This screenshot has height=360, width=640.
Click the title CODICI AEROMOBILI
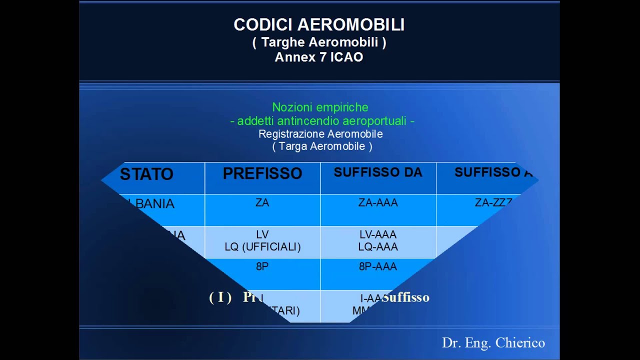pyautogui.click(x=319, y=25)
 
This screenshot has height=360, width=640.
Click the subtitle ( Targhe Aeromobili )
pyautogui.click(x=319, y=42)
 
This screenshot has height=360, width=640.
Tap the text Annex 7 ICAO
pyautogui.click(x=319, y=57)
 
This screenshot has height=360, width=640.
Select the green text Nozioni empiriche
pyautogui.click(x=320, y=107)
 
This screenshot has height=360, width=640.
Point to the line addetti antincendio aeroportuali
pyautogui.click(x=322, y=121)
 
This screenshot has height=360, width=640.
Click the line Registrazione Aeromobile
pyautogui.click(x=320, y=134)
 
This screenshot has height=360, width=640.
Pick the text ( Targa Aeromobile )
pyautogui.click(x=322, y=146)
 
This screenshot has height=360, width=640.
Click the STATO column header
pyautogui.click(x=146, y=174)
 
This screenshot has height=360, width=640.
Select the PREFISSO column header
pyautogui.click(x=262, y=173)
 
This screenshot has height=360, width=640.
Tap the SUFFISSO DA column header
pyautogui.click(x=378, y=172)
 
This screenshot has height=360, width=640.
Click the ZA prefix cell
pyautogui.click(x=262, y=203)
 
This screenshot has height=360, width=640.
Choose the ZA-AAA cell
pyautogui.click(x=378, y=203)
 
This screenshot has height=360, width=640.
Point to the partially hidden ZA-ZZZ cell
pyautogui.click(x=493, y=203)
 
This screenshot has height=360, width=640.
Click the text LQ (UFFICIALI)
pyautogui.click(x=262, y=247)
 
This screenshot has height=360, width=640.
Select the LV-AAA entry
pyautogui.click(x=378, y=234)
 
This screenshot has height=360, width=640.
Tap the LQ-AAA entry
pyautogui.click(x=378, y=247)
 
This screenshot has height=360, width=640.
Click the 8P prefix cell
pyautogui.click(x=262, y=267)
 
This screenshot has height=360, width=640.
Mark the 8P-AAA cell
pyautogui.click(x=378, y=267)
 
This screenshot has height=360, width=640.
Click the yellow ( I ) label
pyautogui.click(x=220, y=298)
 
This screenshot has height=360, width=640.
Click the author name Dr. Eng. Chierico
pyautogui.click(x=493, y=343)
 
